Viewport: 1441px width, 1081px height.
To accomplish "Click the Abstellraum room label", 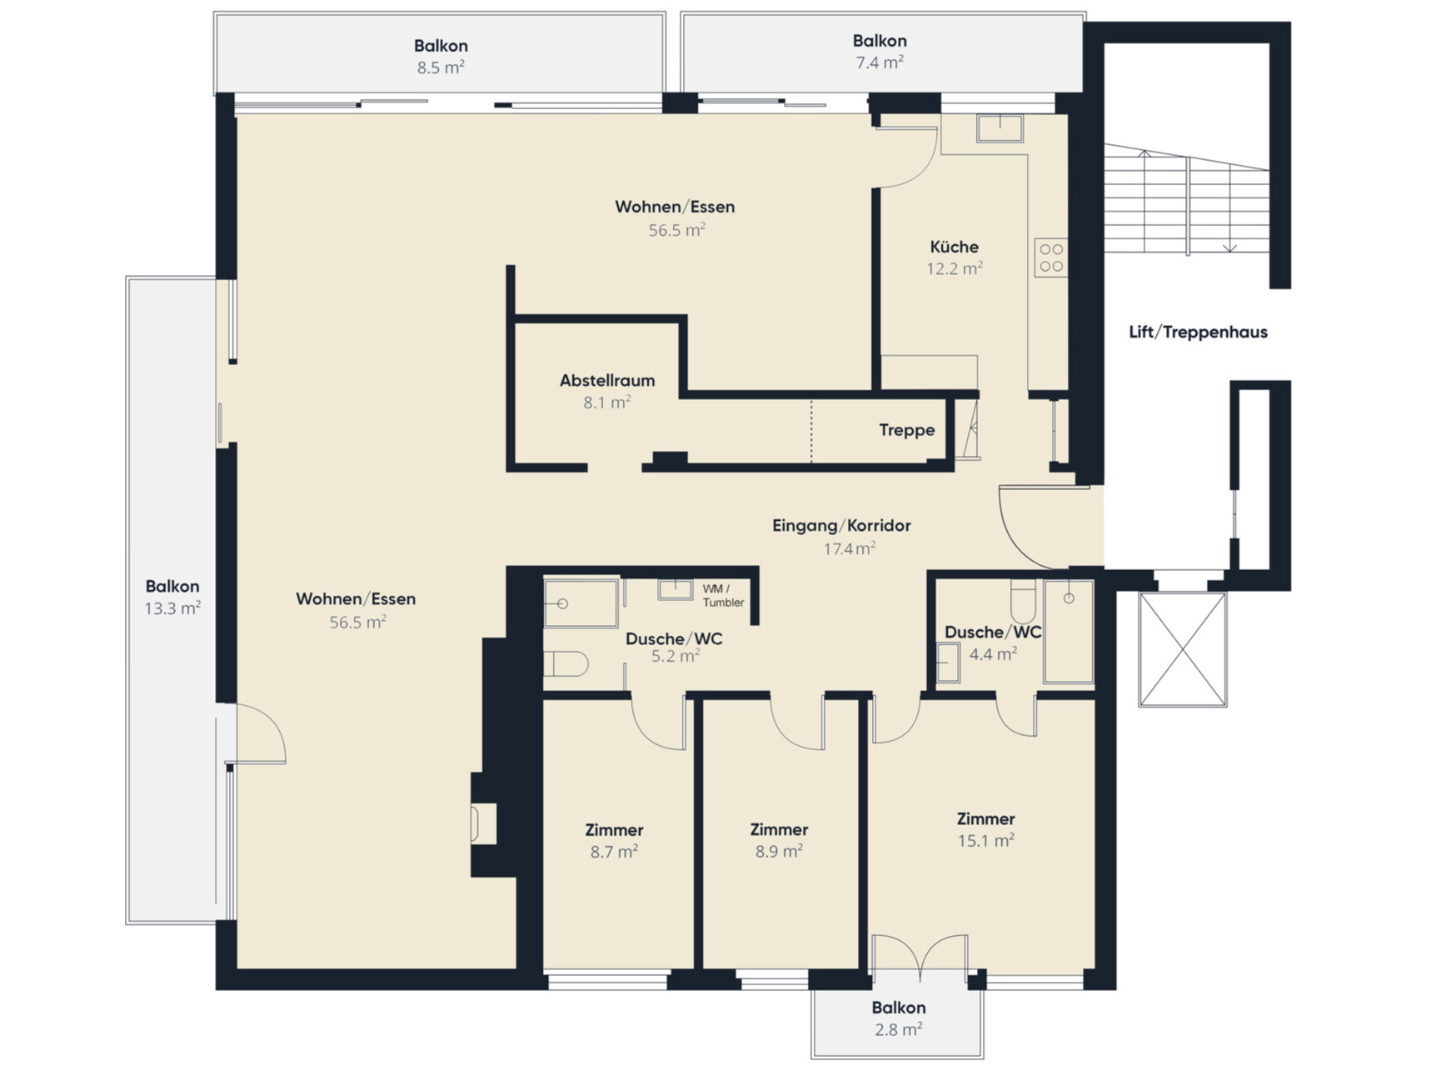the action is click(606, 381).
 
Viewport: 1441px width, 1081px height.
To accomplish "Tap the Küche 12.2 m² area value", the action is click(955, 268).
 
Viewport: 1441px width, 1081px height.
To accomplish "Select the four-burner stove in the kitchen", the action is click(1051, 258).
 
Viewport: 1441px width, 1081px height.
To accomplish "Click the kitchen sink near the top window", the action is click(1000, 128).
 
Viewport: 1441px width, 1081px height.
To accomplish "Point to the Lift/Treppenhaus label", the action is click(1198, 332).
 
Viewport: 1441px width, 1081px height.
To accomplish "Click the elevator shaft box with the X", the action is click(1183, 649).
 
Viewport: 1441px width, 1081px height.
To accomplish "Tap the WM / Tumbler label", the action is click(723, 596).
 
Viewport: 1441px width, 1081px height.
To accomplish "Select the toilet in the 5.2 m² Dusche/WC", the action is click(566, 664).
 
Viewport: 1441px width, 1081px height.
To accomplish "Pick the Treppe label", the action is click(906, 430).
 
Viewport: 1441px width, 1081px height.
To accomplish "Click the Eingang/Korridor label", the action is click(841, 526).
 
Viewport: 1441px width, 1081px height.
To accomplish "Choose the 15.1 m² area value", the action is click(985, 840).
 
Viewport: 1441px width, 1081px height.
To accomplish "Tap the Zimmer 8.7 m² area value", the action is click(614, 851).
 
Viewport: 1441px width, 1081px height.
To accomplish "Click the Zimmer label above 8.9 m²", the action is click(779, 829).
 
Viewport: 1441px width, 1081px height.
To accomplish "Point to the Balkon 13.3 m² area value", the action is click(172, 608).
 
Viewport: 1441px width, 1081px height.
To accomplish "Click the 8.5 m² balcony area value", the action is click(441, 68).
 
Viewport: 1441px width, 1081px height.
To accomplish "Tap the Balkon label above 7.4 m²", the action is click(880, 41).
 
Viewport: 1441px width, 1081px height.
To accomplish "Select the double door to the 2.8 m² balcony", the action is click(920, 956).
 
